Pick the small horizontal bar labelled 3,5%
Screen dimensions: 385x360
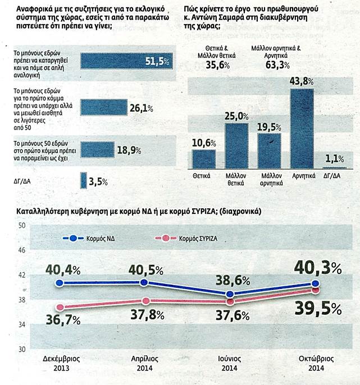84,181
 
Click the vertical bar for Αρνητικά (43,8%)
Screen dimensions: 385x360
305,128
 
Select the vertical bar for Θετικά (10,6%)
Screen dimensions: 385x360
200,158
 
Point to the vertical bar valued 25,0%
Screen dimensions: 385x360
236,145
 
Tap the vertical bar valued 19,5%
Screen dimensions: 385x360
269,150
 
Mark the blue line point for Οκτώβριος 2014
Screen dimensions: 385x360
315,283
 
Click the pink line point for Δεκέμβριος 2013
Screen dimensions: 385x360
60,308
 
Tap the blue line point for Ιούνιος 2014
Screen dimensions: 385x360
229,294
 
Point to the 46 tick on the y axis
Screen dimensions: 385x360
23,250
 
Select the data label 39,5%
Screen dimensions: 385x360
319,309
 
